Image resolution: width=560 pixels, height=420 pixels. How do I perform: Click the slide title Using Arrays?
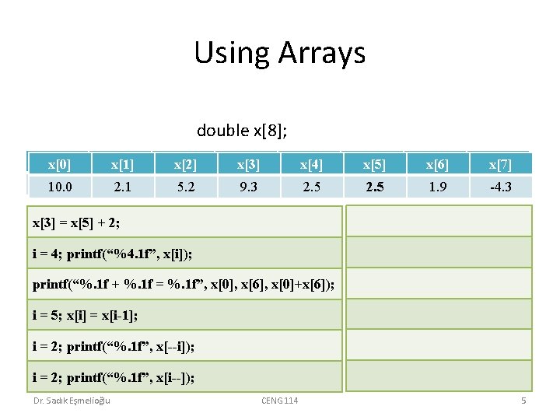coord(279,53)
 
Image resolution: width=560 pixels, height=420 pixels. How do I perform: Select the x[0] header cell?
coord(58,164)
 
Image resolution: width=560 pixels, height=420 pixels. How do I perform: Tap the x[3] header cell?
coord(248,164)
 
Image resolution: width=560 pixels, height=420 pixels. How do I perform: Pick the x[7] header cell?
coord(500,164)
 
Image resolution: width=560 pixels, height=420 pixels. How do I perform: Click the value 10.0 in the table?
coord(59,187)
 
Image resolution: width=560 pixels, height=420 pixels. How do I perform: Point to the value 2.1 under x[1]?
coord(122,187)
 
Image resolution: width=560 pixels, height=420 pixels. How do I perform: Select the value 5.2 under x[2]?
coord(185,187)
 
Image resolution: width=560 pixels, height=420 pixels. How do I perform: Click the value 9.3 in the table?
coord(248,187)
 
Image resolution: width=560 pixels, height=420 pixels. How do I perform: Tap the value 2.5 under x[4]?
coord(311,187)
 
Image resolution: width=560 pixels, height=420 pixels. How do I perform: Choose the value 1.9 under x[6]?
coord(438,187)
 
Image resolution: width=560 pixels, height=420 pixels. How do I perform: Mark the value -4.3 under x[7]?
coord(500,187)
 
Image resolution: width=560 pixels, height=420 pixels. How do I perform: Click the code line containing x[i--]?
coord(114,378)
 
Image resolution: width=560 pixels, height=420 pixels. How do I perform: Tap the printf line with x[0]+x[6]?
coord(184,285)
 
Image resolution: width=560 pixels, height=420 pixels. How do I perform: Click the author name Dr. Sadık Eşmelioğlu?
coord(72,401)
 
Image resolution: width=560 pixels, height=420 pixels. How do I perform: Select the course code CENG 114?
coord(279,401)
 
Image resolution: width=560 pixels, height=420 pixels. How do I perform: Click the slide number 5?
coord(523,401)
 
